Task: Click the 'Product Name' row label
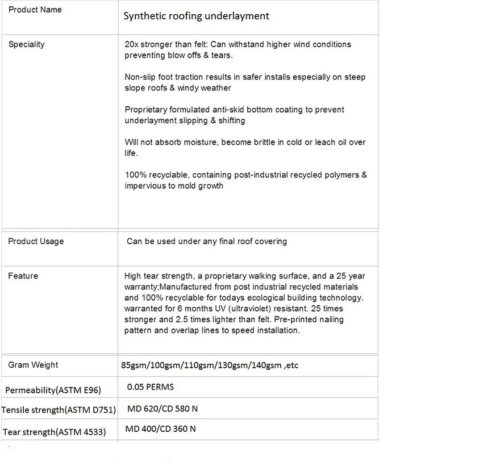(35, 10)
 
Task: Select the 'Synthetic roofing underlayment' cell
(196, 16)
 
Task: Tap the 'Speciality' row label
(26, 44)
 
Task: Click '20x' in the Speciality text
(131, 44)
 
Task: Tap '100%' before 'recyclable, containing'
(135, 175)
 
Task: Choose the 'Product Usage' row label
(36, 242)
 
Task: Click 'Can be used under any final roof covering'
(206, 242)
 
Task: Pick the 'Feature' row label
(23, 276)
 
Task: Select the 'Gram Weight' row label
(33, 365)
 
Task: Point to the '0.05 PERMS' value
(150, 387)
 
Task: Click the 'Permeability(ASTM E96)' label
(53, 390)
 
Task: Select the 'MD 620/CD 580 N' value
(162, 409)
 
